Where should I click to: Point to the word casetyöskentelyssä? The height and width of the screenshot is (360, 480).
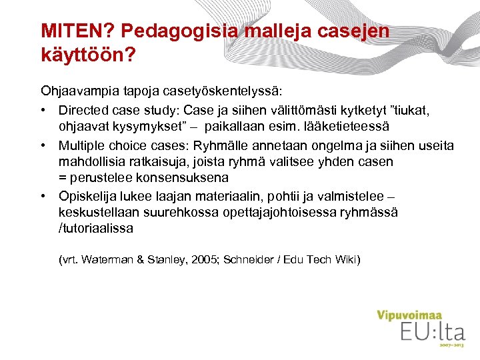223,90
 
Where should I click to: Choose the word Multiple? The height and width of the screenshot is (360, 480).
81,145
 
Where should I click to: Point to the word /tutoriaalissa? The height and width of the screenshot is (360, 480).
96,229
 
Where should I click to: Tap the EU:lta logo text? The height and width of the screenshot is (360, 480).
432,331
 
